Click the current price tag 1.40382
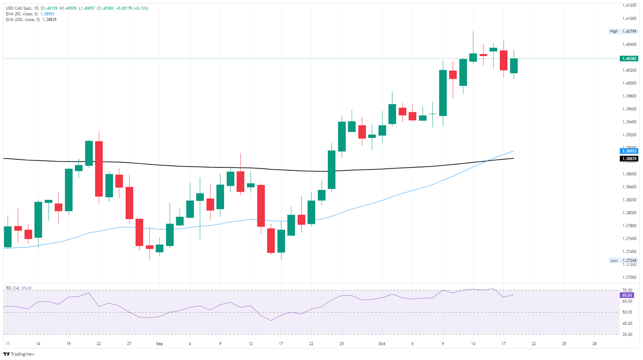coord(628,59)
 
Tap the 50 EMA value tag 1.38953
coord(628,151)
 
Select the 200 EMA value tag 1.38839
coord(628,159)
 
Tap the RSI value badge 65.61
coord(628,295)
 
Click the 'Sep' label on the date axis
coord(159,344)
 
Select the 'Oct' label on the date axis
coord(382,344)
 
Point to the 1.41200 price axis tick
coord(629,5)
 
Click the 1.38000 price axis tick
coord(629,213)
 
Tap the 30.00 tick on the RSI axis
coord(627,334)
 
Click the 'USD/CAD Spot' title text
coord(19,8)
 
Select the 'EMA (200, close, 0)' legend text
coord(23,20)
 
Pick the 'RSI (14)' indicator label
coord(13,288)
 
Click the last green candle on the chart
coord(514,66)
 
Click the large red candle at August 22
coord(99,169)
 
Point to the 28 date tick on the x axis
coord(594,344)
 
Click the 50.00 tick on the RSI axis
coord(627,312)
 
